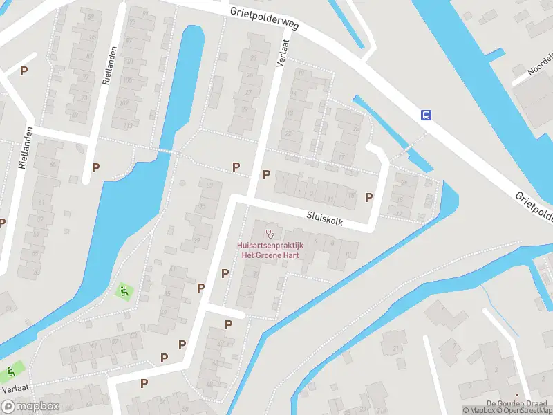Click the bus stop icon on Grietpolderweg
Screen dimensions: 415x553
coord(427,116)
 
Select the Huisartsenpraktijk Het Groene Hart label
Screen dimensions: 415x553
coord(269,250)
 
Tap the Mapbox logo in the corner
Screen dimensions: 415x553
coord(29,407)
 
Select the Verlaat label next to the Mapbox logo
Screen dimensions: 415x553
coord(13,389)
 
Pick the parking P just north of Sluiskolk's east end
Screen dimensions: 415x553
coord(369,198)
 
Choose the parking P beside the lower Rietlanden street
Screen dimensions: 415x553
coord(96,167)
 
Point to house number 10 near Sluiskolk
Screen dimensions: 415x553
coord(346,255)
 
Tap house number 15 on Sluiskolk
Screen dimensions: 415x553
coord(351,196)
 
